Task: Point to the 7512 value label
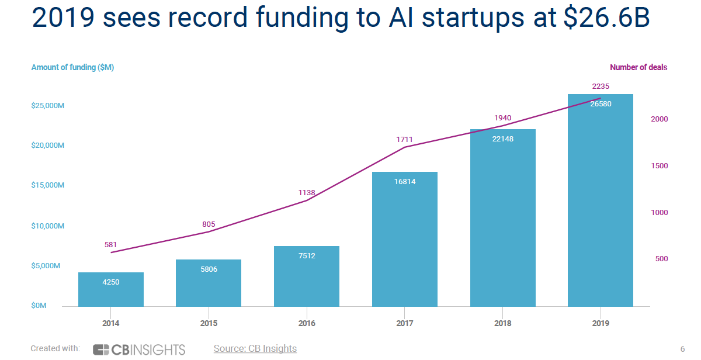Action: click(x=306, y=255)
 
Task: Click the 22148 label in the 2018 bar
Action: click(x=502, y=139)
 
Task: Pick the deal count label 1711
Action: click(x=404, y=140)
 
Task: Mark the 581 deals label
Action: click(x=111, y=245)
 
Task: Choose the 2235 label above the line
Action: click(x=601, y=86)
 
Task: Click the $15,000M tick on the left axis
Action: click(x=47, y=185)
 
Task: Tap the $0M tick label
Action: click(x=39, y=306)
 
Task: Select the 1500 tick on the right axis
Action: click(x=660, y=166)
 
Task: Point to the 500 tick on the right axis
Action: click(x=661, y=259)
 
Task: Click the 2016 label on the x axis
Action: click(x=307, y=323)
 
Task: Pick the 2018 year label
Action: click(x=502, y=323)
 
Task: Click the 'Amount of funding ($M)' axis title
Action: click(x=72, y=67)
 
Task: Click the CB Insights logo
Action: click(x=139, y=349)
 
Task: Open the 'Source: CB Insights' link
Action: click(x=255, y=349)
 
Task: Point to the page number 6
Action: click(x=682, y=349)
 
